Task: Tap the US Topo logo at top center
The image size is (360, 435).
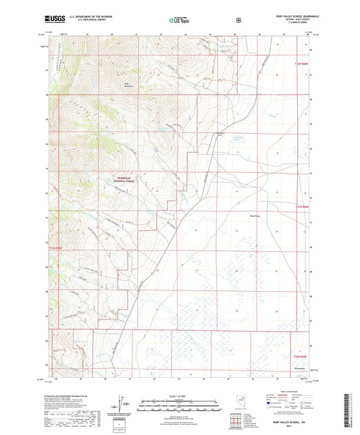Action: [x=178, y=21]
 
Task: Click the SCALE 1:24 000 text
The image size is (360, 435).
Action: [x=179, y=394]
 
